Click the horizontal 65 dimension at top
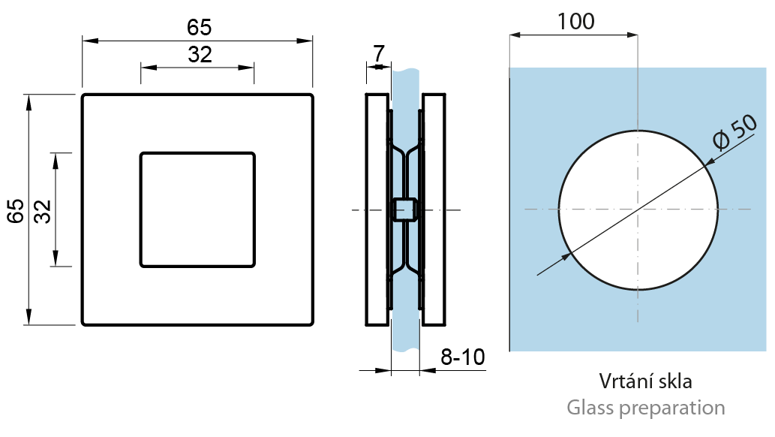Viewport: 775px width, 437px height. click(x=199, y=28)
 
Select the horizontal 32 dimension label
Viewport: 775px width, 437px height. click(x=200, y=55)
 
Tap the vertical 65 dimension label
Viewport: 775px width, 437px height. click(x=15, y=211)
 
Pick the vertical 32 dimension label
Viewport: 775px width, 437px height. click(x=43, y=211)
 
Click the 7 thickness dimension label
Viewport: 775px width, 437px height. click(x=379, y=53)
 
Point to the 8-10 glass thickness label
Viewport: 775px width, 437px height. click(x=463, y=357)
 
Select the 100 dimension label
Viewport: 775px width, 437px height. click(x=576, y=22)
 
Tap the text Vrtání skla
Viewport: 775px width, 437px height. click(x=645, y=381)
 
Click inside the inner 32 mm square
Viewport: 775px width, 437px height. click(x=198, y=209)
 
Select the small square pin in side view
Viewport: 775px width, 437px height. click(x=404, y=209)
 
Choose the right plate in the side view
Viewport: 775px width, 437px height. click(x=434, y=209)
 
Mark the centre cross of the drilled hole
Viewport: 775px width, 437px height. click(x=638, y=209)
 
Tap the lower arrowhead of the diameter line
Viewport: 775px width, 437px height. click(x=565, y=257)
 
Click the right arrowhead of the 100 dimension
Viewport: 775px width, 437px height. click(x=632, y=35)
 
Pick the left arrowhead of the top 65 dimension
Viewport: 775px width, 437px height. click(x=89, y=41)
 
